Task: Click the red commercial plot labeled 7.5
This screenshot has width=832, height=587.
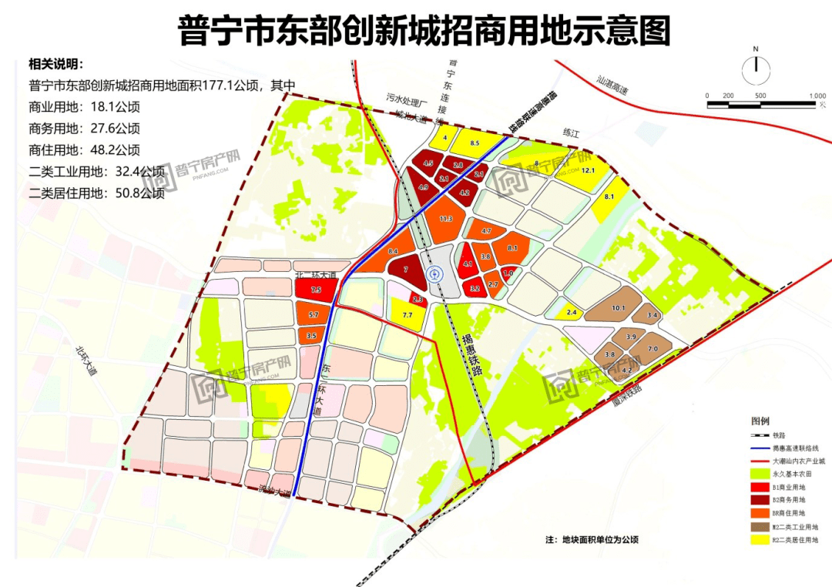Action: click(x=316, y=290)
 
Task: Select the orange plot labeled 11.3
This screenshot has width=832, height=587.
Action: click(x=445, y=220)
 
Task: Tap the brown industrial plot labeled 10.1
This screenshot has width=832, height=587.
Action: click(x=617, y=308)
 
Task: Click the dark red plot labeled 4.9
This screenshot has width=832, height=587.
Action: click(x=423, y=187)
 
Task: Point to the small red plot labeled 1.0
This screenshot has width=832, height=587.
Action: click(x=508, y=273)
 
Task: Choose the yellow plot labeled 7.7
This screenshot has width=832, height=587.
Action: click(x=408, y=315)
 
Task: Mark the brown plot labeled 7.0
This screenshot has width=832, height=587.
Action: click(x=653, y=349)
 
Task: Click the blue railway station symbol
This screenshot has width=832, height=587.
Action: click(x=436, y=273)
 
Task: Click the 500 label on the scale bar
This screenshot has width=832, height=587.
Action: click(x=760, y=96)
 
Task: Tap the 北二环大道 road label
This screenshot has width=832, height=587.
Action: click(x=316, y=274)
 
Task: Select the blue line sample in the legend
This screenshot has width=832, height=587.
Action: click(x=759, y=447)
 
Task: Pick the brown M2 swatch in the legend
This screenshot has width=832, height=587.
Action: click(x=759, y=528)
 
